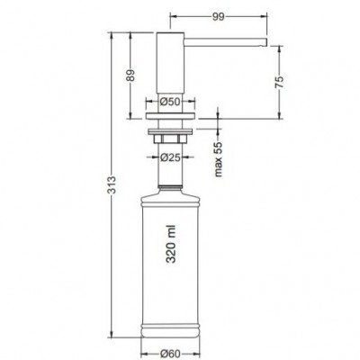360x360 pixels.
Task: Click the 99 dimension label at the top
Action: tap(219, 17)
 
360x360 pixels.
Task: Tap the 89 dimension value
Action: tap(130, 76)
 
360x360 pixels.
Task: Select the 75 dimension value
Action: tap(279, 82)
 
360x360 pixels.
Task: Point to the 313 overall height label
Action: tap(112, 184)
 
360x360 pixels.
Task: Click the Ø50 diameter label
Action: tap(170, 102)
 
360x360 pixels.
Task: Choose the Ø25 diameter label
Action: tap(170, 157)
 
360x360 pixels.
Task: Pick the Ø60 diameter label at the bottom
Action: tap(170, 354)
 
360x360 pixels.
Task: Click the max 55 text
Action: tap(219, 158)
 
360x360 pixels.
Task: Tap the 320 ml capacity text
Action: tap(171, 244)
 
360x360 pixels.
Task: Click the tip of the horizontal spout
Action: tap(265, 42)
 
